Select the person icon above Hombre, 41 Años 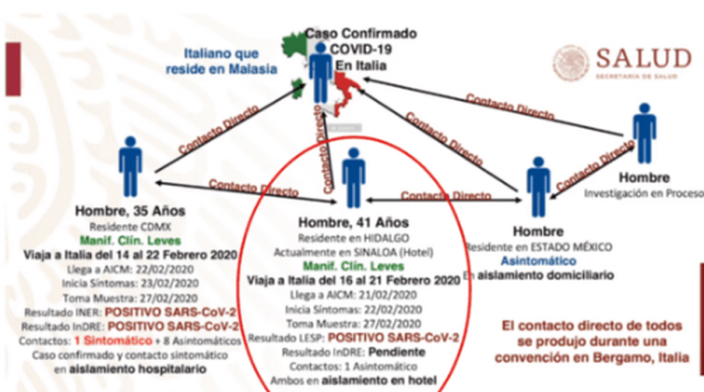click(x=354, y=176)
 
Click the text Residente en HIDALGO click(x=350, y=238)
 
